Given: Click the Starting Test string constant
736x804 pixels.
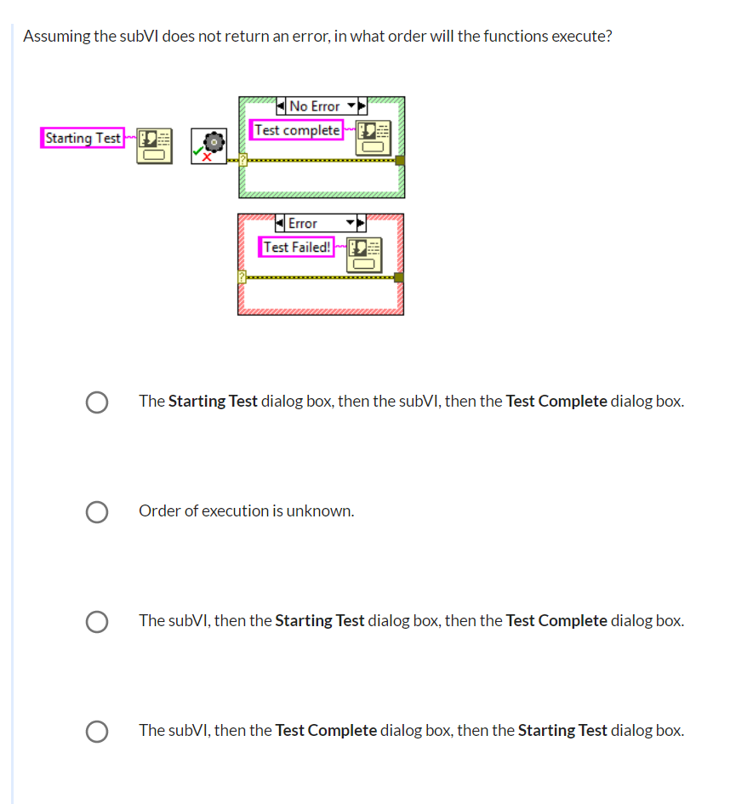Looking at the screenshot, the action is click(83, 138).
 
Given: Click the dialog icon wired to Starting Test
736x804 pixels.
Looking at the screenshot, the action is click(154, 146).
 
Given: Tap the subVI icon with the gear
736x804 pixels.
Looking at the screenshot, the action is click(208, 146).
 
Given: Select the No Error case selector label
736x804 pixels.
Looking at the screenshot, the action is click(315, 106).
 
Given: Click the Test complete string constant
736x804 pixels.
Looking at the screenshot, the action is click(296, 130).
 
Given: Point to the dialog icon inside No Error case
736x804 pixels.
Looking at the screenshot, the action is click(374, 138).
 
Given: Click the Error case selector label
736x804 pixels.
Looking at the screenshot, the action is click(315, 223).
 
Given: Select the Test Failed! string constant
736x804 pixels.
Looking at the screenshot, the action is click(296, 247).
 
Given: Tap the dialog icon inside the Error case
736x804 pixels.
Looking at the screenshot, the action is click(364, 255).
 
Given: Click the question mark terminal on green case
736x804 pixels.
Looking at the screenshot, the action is click(243, 160).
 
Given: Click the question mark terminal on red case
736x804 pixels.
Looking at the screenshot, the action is click(242, 277).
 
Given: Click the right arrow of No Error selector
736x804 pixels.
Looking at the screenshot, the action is click(362, 106).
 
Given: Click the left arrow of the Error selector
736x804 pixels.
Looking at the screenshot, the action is click(280, 223).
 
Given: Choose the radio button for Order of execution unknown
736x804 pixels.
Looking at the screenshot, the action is click(97, 511).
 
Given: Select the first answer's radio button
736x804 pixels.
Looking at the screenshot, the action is click(97, 402).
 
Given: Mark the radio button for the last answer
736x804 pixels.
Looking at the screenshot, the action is click(97, 731).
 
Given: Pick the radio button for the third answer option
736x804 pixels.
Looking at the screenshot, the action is click(97, 621).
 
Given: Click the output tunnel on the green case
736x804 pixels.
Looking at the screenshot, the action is click(400, 161).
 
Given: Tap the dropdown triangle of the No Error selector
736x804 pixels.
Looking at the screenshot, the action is click(351, 105).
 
